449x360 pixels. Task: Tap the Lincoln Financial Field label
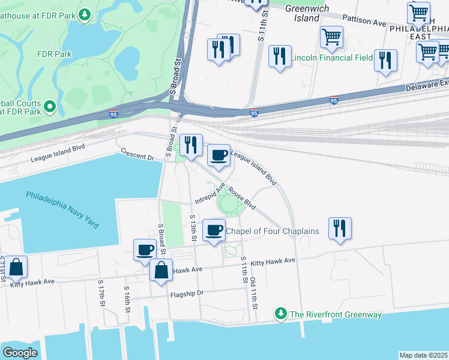coord(332,59)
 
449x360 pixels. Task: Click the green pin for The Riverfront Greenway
coord(280,313)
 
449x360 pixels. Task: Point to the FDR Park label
coord(54,53)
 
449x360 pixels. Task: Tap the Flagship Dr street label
coord(187,293)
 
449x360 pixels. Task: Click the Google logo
coord(20,353)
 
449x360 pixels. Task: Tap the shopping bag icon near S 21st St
coord(17,268)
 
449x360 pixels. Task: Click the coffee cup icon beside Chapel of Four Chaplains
coord(214,230)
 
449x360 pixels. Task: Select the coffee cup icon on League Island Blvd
coord(218,156)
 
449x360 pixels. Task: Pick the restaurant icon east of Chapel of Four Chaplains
coord(340,229)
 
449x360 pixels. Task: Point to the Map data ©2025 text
coord(423,355)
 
